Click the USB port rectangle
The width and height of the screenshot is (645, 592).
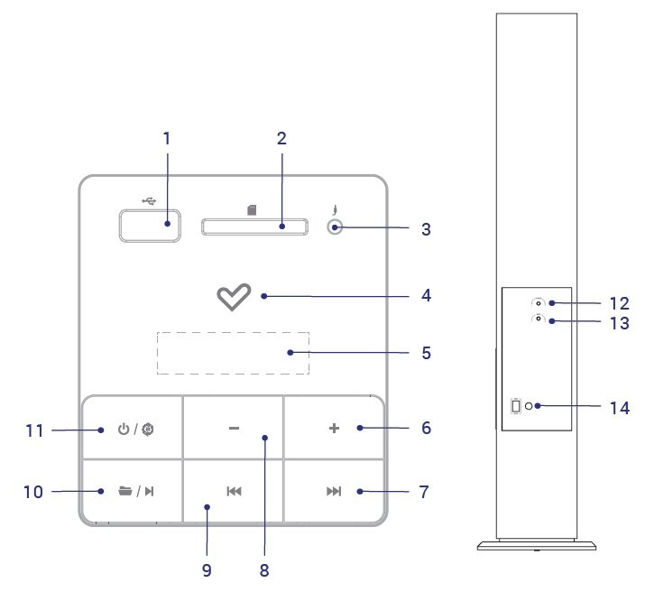[x=149, y=226]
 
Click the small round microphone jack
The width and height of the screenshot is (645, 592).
[x=335, y=228]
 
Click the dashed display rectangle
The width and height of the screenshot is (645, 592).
[x=233, y=353]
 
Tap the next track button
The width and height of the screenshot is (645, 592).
[x=334, y=491]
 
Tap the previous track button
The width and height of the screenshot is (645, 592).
[x=234, y=491]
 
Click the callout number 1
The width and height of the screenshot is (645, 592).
[x=167, y=138]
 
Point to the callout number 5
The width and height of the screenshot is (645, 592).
[x=426, y=353]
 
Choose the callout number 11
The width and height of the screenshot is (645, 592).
[x=34, y=431]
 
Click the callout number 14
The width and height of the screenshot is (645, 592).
[x=617, y=408]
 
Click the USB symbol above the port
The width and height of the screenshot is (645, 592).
[x=149, y=199]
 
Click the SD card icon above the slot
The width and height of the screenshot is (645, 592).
[x=253, y=209]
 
